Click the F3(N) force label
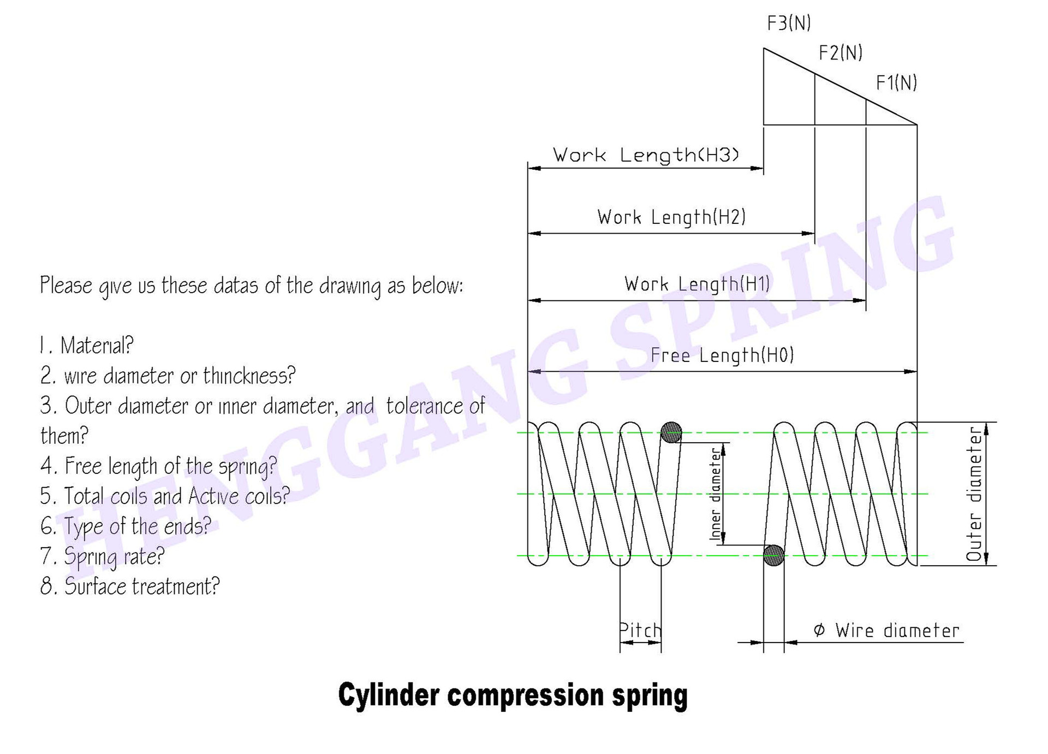point(789,23)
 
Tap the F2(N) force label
point(841,53)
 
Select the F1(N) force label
point(896,83)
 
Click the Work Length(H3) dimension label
point(646,155)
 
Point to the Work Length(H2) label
point(671,217)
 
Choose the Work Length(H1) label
point(697,284)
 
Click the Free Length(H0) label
point(722,356)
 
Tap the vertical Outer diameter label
point(975,494)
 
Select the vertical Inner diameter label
point(716,494)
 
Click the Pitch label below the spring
point(640,631)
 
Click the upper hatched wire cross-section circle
point(671,432)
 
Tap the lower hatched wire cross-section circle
point(773,555)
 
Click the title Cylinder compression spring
point(513,695)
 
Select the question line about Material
point(87,346)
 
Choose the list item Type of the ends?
point(126,526)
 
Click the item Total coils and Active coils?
point(165,496)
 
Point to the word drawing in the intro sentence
point(350,286)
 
